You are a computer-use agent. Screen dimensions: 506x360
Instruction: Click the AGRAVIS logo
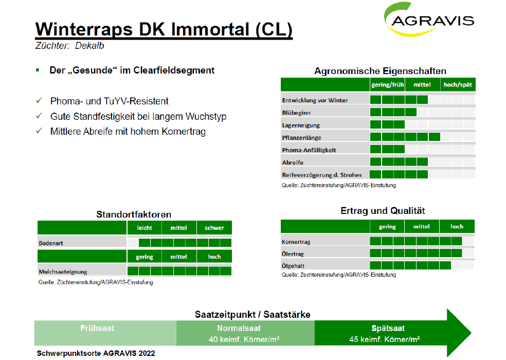click(429, 20)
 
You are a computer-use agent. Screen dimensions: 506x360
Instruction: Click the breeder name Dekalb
click(89, 46)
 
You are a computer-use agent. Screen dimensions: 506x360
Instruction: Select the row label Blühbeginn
click(296, 113)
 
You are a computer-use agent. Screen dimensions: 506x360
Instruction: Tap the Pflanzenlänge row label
click(301, 137)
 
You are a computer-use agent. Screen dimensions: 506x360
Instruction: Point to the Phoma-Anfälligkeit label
click(309, 150)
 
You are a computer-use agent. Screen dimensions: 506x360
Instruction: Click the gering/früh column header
click(387, 84)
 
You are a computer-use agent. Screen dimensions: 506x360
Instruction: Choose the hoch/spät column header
click(458, 84)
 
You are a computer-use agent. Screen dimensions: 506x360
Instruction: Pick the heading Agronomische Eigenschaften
click(380, 71)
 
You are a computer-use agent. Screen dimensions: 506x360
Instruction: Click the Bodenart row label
click(51, 243)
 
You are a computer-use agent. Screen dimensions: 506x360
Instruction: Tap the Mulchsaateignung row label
click(63, 272)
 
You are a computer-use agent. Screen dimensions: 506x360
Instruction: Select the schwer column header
click(214, 228)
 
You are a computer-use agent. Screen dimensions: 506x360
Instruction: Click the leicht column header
click(144, 228)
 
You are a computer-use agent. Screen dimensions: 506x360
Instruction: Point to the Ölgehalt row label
click(293, 266)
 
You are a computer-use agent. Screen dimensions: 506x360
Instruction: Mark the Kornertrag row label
click(296, 242)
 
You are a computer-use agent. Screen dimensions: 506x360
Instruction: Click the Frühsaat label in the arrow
click(97, 328)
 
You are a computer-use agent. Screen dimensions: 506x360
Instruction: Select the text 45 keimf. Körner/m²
click(384, 339)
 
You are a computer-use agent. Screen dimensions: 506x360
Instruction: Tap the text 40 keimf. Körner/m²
click(244, 339)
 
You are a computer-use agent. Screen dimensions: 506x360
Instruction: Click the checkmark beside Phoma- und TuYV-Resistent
click(39, 101)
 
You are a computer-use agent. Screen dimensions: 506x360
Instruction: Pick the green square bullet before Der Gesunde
click(38, 70)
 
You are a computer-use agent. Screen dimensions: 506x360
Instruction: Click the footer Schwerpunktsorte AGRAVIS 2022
click(96, 353)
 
